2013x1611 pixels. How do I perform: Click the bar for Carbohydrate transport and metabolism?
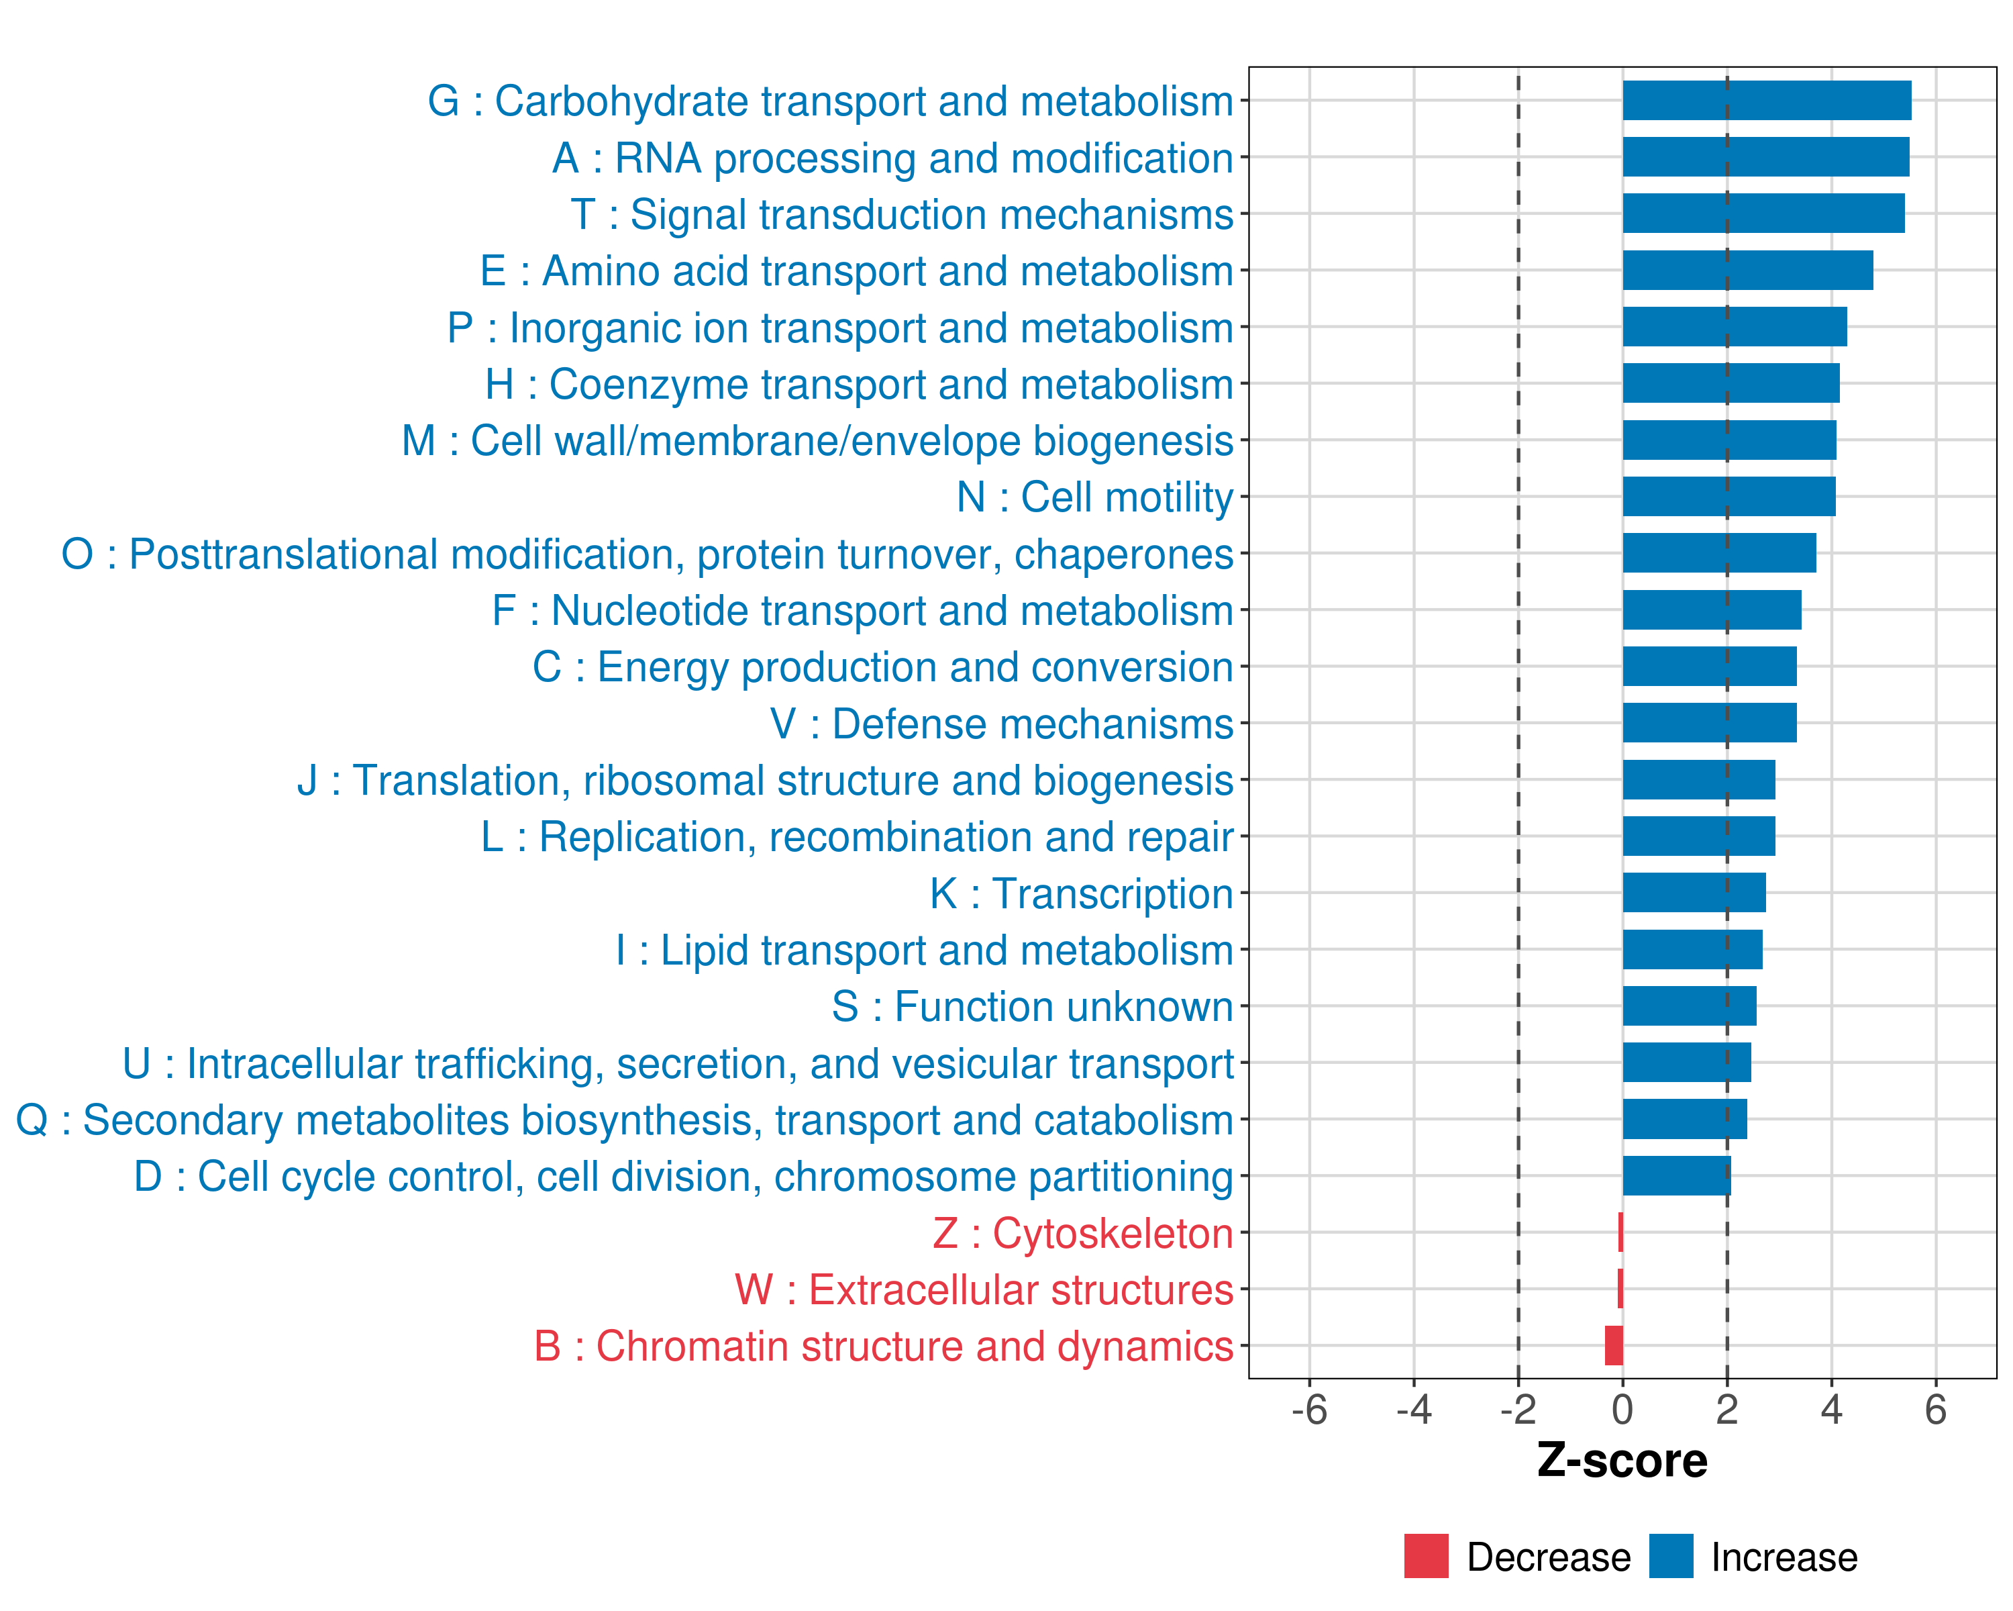click(x=1767, y=101)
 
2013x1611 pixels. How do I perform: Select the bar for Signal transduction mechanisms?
click(x=1763, y=214)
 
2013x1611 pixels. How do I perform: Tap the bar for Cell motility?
click(x=1728, y=497)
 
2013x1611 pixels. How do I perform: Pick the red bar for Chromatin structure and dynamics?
click(x=1613, y=1346)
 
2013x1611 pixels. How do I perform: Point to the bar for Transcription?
click(x=1694, y=893)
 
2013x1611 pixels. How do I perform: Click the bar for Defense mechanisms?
click(x=1708, y=723)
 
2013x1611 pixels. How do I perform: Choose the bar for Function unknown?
click(x=1689, y=1006)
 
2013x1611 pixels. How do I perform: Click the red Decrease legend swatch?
click(x=1426, y=1556)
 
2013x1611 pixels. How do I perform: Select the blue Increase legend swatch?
click(x=1670, y=1556)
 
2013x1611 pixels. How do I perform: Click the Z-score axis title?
click(x=1622, y=1461)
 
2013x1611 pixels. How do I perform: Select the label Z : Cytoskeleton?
click(x=1082, y=1234)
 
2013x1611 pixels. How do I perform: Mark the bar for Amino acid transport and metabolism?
click(x=1747, y=271)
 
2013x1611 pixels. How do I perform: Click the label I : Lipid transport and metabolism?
click(x=923, y=950)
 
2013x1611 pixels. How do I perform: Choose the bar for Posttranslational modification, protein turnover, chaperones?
click(x=1719, y=553)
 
